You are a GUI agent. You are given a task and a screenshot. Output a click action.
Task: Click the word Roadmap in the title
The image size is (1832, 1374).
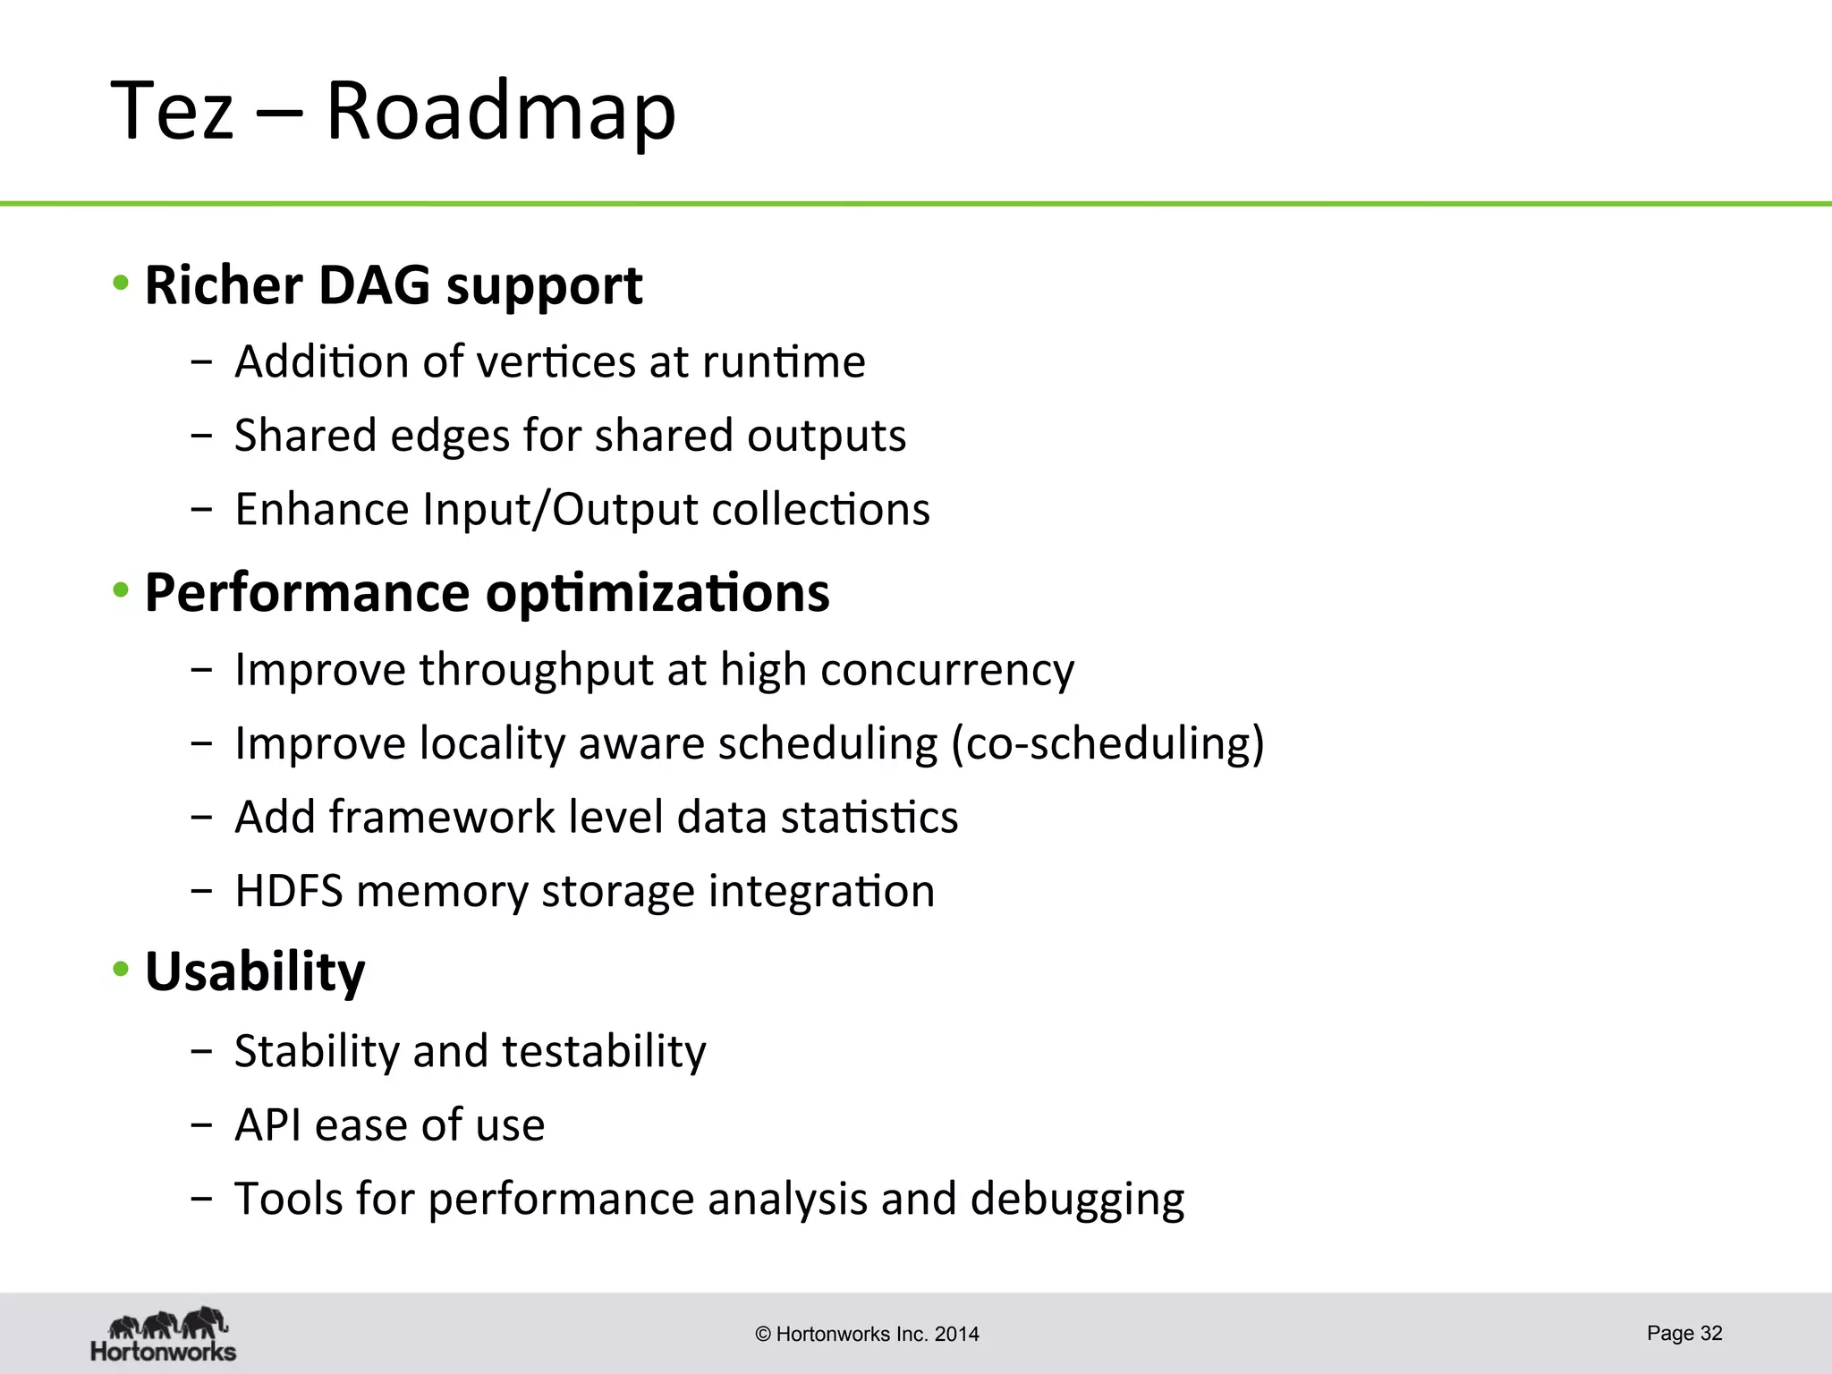pyautogui.click(x=501, y=111)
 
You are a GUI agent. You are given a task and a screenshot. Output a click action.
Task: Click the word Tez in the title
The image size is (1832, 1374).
pyautogui.click(x=172, y=111)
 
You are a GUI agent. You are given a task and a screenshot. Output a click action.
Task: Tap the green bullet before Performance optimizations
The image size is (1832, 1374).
pyautogui.click(x=121, y=591)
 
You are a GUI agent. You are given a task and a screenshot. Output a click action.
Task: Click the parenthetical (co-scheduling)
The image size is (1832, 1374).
pyautogui.click(x=1107, y=743)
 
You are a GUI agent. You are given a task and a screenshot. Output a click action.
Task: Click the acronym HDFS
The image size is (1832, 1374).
pyautogui.click(x=288, y=891)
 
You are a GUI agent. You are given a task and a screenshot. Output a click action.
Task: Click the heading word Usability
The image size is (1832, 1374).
pyautogui.click(x=255, y=971)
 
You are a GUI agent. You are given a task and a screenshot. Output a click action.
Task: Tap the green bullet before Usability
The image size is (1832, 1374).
pyautogui.click(x=121, y=970)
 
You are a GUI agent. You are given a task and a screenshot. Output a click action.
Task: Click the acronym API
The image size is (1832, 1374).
pyautogui.click(x=267, y=1124)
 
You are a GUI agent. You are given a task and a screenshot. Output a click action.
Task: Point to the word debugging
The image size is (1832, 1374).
pyautogui.click(x=1077, y=1200)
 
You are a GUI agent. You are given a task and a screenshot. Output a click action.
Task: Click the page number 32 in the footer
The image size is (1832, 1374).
pyautogui.click(x=1710, y=1333)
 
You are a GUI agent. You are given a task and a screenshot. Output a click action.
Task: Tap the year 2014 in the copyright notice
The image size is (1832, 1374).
pyautogui.click(x=956, y=1335)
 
